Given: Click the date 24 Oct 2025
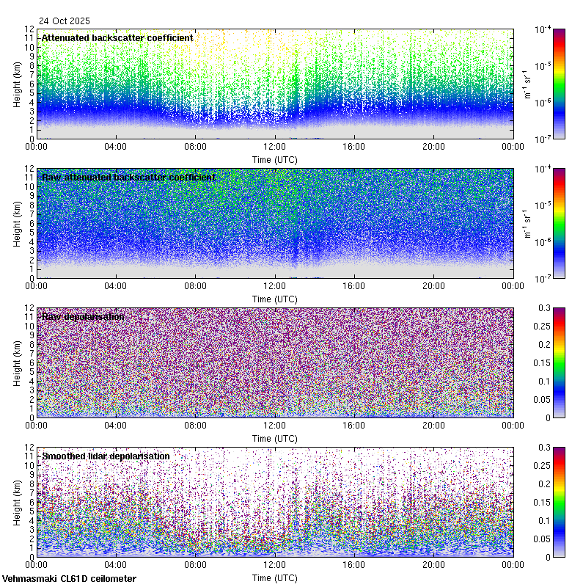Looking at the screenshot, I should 65,21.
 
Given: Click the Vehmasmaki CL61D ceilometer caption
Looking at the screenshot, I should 68,578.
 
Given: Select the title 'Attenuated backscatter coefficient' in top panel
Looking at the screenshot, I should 117,38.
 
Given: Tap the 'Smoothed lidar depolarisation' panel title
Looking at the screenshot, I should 106,456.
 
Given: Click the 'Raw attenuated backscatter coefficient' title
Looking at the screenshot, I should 128,178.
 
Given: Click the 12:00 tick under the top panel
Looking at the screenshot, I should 274,146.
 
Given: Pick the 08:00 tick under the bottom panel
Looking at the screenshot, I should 195,564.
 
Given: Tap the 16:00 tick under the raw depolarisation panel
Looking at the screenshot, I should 354,425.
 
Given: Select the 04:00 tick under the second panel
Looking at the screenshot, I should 116,285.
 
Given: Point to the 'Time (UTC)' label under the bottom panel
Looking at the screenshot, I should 274,577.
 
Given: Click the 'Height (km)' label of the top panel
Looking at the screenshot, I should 17,84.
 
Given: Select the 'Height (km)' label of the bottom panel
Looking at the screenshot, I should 17,502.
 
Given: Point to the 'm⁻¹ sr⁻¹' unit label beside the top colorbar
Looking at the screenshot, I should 527,84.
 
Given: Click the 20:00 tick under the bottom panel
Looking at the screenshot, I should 433,564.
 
